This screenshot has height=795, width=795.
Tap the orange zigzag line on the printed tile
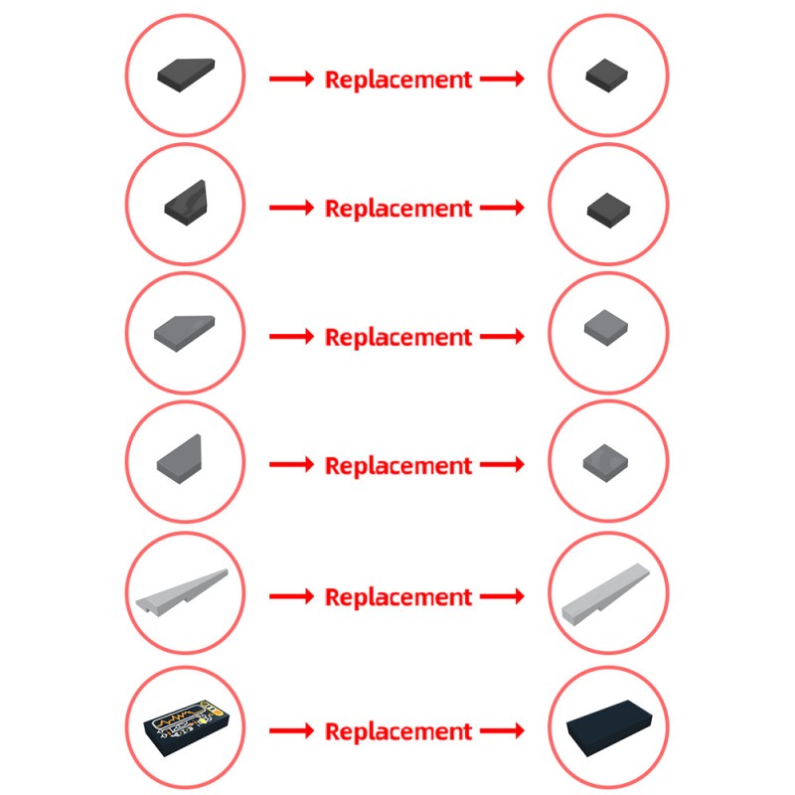click(173, 718)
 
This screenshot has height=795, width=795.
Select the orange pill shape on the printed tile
click(217, 712)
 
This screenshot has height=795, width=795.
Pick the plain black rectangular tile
click(608, 728)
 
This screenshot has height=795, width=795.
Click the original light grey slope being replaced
click(183, 592)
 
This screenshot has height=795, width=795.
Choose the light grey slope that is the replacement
click(605, 592)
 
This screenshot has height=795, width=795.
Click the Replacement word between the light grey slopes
click(398, 597)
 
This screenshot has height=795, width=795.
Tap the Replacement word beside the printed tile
click(398, 731)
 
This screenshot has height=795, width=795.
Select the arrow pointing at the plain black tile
click(502, 730)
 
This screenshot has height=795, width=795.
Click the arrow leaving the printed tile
click(291, 730)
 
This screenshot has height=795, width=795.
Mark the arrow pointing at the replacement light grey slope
click(502, 596)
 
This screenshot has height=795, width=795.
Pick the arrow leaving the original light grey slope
click(291, 596)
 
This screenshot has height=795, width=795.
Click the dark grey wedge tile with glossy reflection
click(186, 203)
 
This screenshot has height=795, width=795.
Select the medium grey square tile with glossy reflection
click(605, 463)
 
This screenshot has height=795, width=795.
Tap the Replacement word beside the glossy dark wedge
click(398, 209)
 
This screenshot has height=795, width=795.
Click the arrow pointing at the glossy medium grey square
click(502, 464)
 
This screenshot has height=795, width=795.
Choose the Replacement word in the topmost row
click(398, 79)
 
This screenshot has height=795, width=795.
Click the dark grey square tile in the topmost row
click(606, 76)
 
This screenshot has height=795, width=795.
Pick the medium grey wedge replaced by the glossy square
click(179, 459)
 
